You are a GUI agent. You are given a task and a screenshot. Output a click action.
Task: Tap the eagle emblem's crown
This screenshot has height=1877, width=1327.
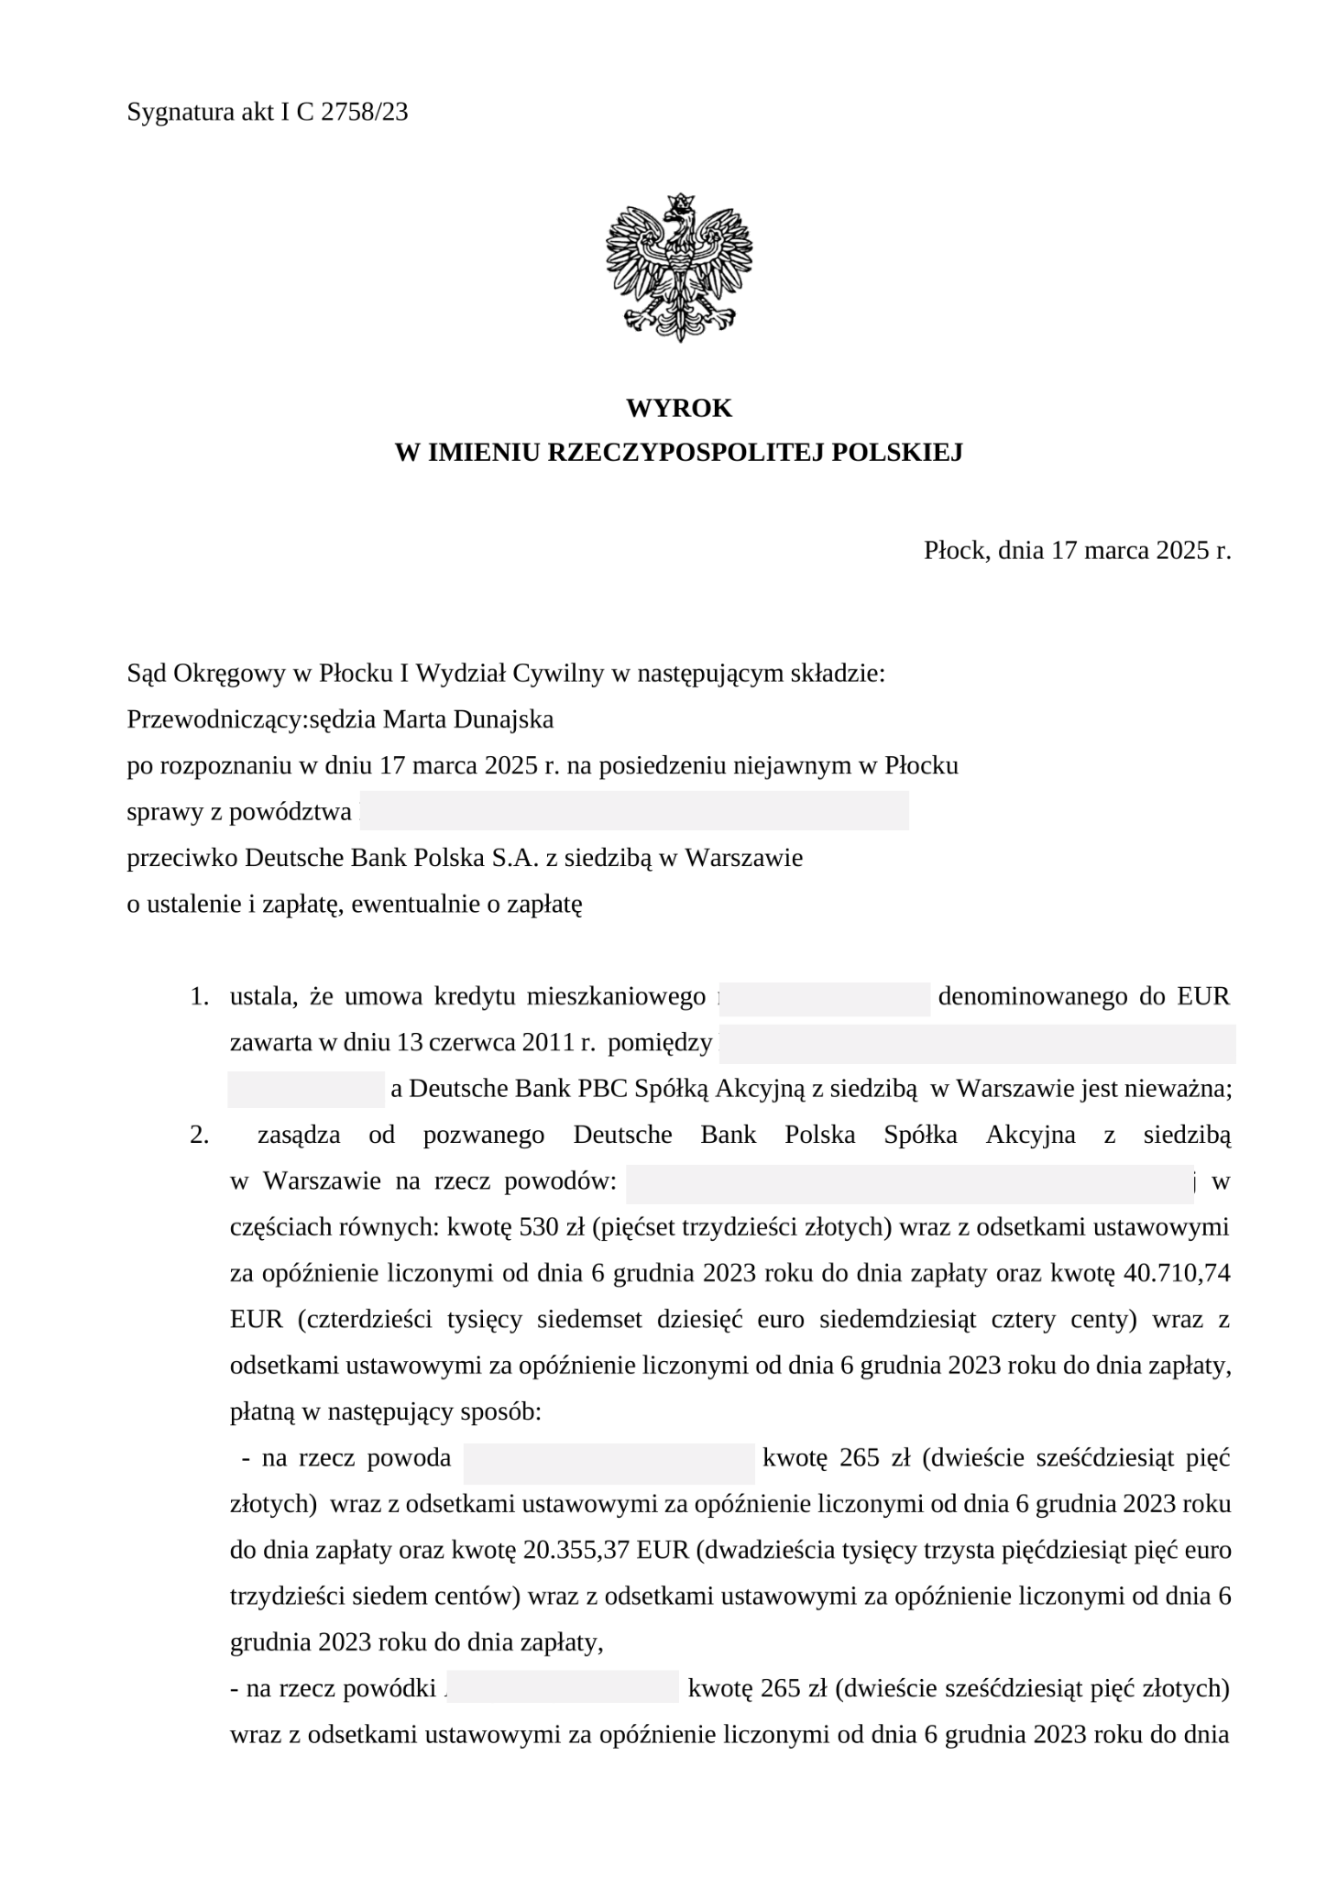679,202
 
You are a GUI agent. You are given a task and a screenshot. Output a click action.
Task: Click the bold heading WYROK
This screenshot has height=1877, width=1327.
678,408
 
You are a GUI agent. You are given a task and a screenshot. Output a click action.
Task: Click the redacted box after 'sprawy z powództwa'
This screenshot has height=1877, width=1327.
634,811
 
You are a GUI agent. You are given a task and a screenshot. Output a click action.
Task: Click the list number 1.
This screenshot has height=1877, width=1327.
198,996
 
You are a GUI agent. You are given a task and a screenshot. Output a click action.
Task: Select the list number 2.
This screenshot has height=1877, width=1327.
198,1135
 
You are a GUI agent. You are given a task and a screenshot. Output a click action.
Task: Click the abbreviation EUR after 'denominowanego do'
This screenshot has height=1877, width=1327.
1203,996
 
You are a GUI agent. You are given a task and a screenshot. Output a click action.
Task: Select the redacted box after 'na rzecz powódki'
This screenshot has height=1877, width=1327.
564,1687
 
